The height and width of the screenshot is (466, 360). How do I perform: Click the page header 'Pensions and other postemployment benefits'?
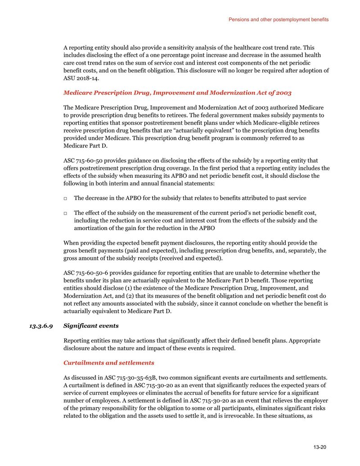[278, 20]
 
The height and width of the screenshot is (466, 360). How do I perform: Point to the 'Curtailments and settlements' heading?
[108, 362]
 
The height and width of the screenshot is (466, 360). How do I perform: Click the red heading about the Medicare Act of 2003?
[177, 93]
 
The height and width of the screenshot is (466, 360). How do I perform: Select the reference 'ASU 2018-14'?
[80, 77]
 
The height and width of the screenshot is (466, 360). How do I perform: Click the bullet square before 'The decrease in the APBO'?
[66, 199]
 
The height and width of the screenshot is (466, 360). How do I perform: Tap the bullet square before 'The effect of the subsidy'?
[66, 213]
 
